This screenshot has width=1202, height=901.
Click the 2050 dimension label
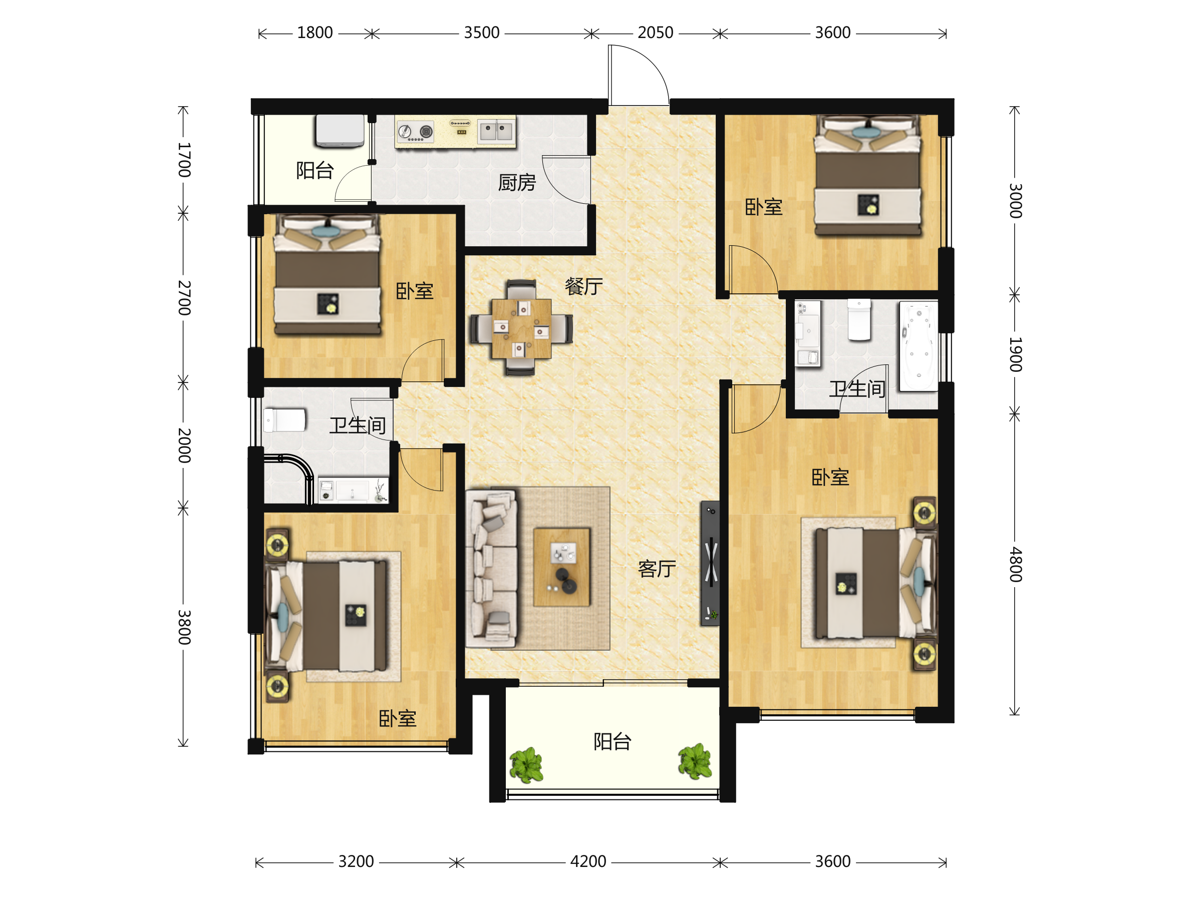tap(655, 33)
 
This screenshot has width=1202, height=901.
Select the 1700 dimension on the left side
tap(184, 160)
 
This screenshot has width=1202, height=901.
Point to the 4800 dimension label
tap(1015, 565)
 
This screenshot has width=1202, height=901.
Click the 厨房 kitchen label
tap(517, 183)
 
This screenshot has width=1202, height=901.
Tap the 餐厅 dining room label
tap(583, 286)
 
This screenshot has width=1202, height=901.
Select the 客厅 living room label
tap(657, 569)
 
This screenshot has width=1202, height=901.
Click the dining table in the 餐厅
tap(521, 328)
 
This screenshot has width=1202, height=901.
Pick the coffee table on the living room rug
tap(561, 567)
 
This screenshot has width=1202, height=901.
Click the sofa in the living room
tap(491, 569)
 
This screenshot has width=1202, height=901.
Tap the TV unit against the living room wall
tap(710, 563)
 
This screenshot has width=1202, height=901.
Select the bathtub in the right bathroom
tap(919, 346)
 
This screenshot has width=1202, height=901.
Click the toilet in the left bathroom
tap(284, 420)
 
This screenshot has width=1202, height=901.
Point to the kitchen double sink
tap(496, 131)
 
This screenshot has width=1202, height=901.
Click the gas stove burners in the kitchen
tap(416, 132)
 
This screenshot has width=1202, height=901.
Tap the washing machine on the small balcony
tap(340, 130)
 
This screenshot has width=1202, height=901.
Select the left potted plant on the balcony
tap(526, 765)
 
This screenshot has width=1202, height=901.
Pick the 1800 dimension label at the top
tap(315, 33)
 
